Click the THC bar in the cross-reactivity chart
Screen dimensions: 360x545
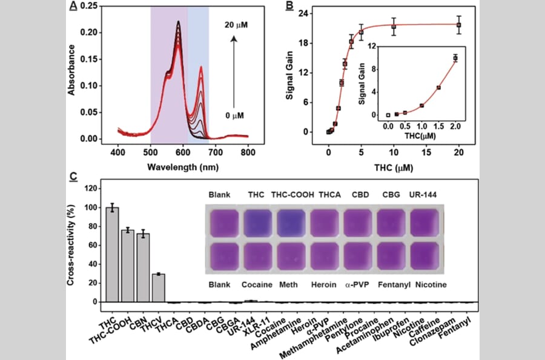tap(112, 255)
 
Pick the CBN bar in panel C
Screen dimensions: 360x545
tap(143, 267)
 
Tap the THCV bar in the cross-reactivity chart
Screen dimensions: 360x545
tap(158, 288)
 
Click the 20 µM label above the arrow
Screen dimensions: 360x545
tap(235, 25)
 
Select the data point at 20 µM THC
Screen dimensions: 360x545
tap(458, 25)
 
